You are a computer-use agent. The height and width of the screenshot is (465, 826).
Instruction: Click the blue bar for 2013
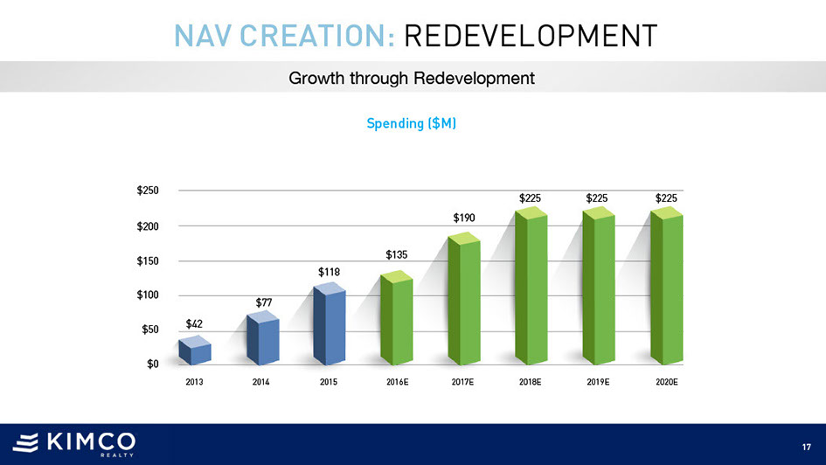point(194,352)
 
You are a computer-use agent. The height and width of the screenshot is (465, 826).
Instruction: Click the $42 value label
point(194,324)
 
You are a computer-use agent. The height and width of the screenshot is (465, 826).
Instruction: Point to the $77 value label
point(264,302)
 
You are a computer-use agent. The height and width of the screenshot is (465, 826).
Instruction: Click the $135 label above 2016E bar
point(397,254)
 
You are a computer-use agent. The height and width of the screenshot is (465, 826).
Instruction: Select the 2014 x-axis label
point(260,383)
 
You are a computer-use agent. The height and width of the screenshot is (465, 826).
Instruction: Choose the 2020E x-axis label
point(667,383)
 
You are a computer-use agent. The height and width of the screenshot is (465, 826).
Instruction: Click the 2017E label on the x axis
point(463,383)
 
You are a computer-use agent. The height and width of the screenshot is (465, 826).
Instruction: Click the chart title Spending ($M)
point(413,124)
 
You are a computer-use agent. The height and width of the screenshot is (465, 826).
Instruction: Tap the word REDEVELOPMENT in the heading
point(531,37)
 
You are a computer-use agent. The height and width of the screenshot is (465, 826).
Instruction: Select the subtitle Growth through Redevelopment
point(412,79)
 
